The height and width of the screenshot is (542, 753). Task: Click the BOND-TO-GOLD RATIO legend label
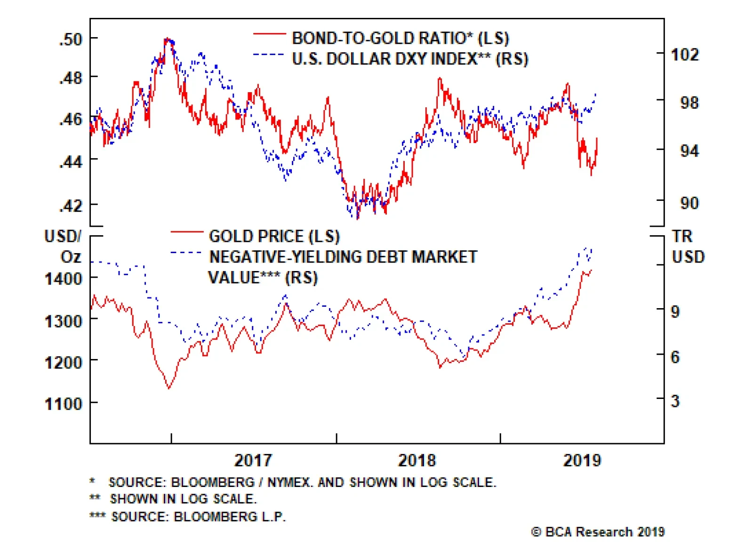pyautogui.click(x=400, y=38)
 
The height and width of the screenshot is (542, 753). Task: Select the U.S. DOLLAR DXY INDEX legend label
pyautogui.click(x=409, y=59)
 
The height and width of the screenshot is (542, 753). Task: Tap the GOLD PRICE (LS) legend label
pyautogui.click(x=274, y=236)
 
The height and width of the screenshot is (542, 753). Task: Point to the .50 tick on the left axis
pyautogui.click(x=71, y=39)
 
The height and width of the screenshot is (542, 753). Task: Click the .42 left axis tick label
pyautogui.click(x=71, y=206)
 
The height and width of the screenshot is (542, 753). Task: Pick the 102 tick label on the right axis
pyautogui.click(x=685, y=55)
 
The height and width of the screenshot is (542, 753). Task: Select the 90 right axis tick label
pyautogui.click(x=689, y=203)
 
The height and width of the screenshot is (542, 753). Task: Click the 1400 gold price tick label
pyautogui.click(x=64, y=279)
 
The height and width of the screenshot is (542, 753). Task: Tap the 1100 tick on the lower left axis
pyautogui.click(x=64, y=404)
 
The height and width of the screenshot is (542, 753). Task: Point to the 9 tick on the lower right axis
pyautogui.click(x=675, y=311)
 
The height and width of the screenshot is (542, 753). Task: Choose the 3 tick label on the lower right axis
pyautogui.click(x=675, y=401)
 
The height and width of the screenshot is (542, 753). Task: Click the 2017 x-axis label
pyautogui.click(x=253, y=460)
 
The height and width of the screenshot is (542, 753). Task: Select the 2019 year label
pyautogui.click(x=582, y=460)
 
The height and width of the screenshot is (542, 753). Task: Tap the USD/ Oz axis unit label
pyautogui.click(x=64, y=246)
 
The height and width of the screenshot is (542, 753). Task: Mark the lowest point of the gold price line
pyautogui.click(x=169, y=388)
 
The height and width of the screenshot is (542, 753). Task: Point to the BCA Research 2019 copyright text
pyautogui.click(x=598, y=532)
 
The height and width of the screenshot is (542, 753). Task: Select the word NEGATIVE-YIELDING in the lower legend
pyautogui.click(x=285, y=257)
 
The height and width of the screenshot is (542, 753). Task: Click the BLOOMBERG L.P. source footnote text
pyautogui.click(x=230, y=517)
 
